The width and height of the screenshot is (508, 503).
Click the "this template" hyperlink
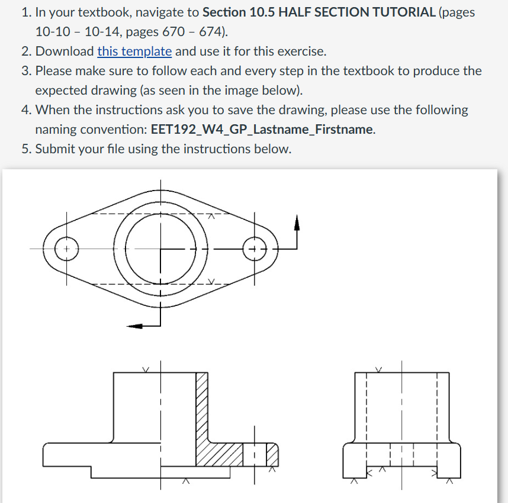click(134, 51)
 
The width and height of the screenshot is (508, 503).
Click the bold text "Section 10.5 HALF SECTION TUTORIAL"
click(319, 12)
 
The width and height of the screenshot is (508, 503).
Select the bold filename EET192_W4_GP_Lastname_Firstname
click(262, 129)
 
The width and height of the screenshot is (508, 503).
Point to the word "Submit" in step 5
click(56, 149)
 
